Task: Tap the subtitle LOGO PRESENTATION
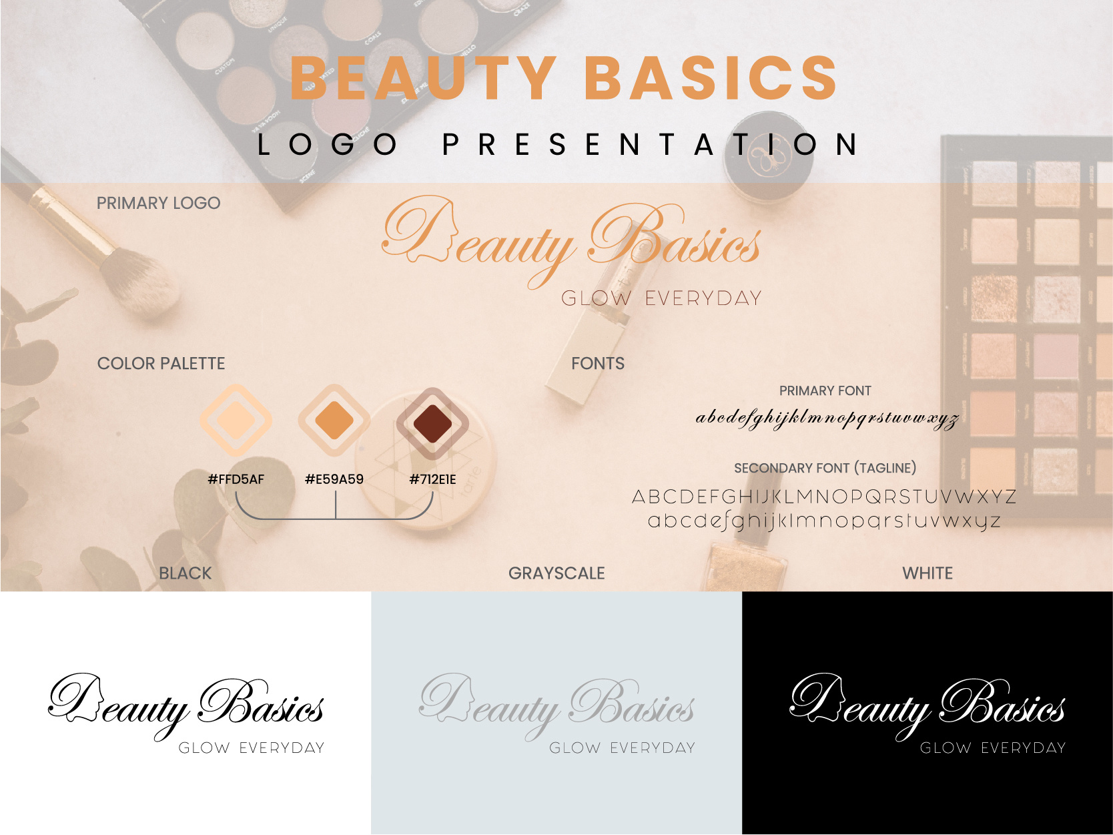click(x=558, y=144)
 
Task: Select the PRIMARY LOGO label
click(x=158, y=204)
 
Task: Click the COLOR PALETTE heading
click(x=161, y=364)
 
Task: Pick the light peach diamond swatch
click(x=236, y=421)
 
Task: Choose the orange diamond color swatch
click(x=334, y=421)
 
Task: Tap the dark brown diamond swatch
click(x=432, y=423)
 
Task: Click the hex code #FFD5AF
click(x=236, y=479)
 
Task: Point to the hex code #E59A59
click(x=334, y=479)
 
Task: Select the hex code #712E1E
click(x=432, y=479)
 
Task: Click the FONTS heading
click(x=598, y=364)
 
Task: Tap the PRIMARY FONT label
click(x=825, y=391)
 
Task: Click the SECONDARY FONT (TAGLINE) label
click(x=825, y=468)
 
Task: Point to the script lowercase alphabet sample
click(x=827, y=419)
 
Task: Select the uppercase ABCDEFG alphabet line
click(x=824, y=497)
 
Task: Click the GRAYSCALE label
click(x=556, y=573)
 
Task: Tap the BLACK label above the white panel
click(x=185, y=573)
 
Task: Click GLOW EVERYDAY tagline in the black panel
click(x=993, y=748)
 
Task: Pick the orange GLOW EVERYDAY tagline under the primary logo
click(x=661, y=298)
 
